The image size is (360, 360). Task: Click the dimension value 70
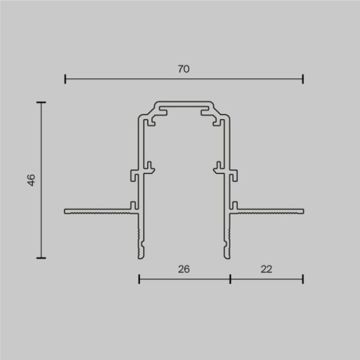(x=183, y=70)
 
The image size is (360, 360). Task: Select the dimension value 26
(x=184, y=270)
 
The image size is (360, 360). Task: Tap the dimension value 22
(x=266, y=270)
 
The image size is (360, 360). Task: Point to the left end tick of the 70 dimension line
(x=65, y=79)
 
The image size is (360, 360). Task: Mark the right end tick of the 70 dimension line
(x=303, y=79)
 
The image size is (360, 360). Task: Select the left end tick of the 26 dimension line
(x=139, y=279)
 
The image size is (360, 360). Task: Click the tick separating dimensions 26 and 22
(x=230, y=279)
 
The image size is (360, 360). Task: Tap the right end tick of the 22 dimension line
(x=303, y=279)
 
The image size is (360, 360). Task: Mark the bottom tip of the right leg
(x=226, y=255)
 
